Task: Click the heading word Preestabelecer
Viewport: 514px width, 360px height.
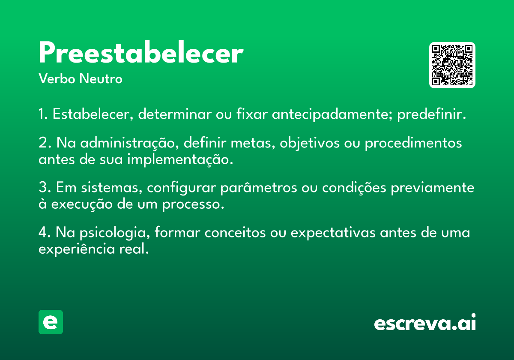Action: (x=141, y=52)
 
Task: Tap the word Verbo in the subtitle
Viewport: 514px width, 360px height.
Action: (x=57, y=78)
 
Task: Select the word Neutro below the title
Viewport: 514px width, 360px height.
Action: (x=101, y=78)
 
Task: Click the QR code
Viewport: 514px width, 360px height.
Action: (x=452, y=65)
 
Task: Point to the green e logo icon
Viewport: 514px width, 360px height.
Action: (x=51, y=322)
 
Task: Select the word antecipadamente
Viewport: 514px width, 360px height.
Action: (x=332, y=114)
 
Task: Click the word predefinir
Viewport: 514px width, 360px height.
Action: (x=432, y=114)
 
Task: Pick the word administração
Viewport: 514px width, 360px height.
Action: (x=130, y=143)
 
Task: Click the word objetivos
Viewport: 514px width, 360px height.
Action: (x=310, y=143)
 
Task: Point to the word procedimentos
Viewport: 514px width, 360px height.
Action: (x=413, y=143)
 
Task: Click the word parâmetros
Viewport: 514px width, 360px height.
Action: (x=259, y=188)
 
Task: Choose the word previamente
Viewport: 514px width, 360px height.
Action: (x=433, y=188)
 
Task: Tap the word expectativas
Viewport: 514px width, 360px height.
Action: (x=333, y=233)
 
